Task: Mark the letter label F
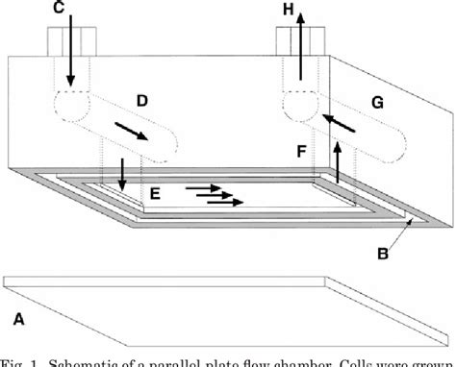point(302,151)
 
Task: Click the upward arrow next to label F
point(338,160)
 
